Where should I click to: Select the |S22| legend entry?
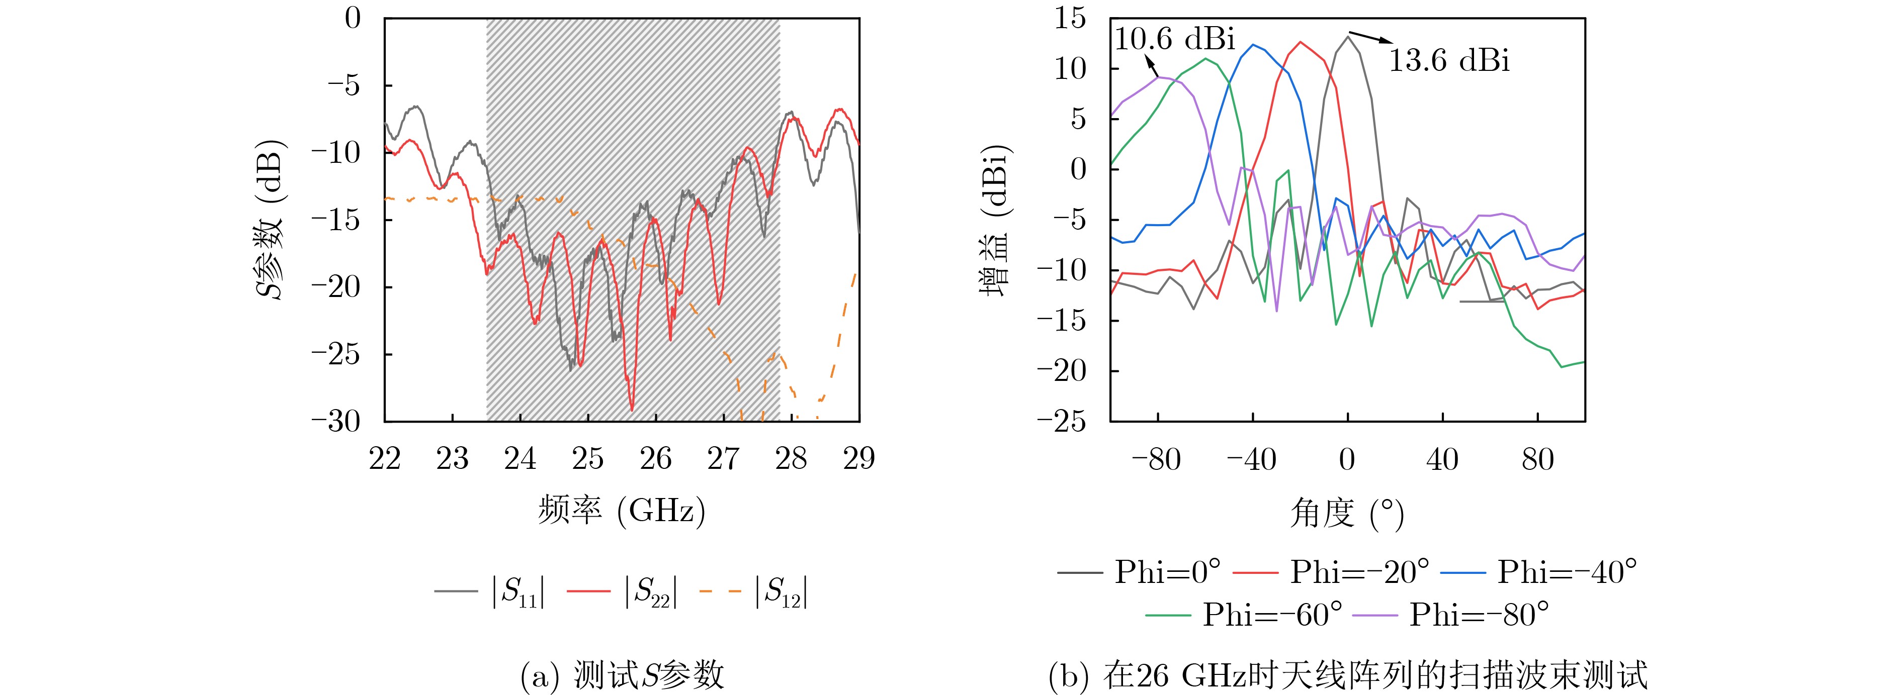click(622, 591)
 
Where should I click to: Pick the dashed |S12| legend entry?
click(753, 591)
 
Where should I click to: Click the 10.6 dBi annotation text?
click(1174, 38)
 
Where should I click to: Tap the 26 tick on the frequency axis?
click(655, 459)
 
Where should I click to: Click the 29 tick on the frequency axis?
click(859, 459)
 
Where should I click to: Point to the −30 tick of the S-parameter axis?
click(336, 421)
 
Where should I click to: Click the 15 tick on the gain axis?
click(1070, 19)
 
